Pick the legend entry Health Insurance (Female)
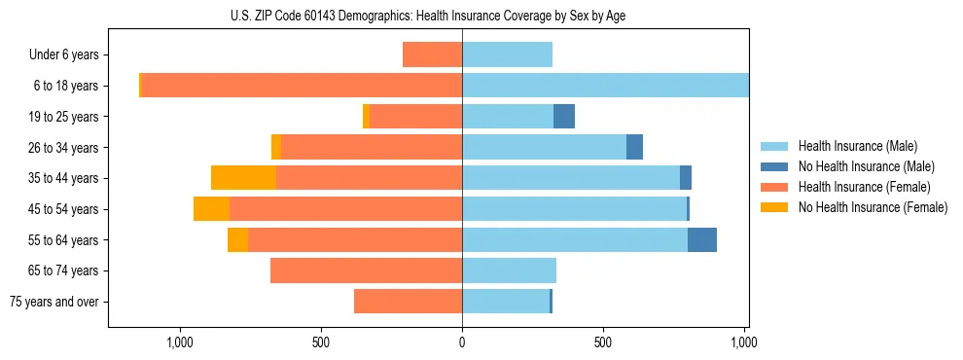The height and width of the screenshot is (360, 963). [858, 187]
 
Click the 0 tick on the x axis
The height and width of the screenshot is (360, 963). [462, 342]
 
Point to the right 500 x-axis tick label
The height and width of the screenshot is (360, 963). [603, 342]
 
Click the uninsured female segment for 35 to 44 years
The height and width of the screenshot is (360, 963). [243, 178]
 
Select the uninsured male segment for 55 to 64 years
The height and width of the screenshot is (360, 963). [702, 239]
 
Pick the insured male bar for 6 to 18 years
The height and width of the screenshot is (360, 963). [605, 86]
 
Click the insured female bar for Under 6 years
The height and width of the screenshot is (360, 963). [432, 55]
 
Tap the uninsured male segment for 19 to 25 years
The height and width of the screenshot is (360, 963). [564, 117]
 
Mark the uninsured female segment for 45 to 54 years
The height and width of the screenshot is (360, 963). [211, 209]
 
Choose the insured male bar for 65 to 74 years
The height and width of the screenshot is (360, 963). [509, 270]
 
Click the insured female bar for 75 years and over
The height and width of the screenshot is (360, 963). [408, 302]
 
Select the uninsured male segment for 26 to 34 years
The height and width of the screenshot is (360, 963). [634, 147]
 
